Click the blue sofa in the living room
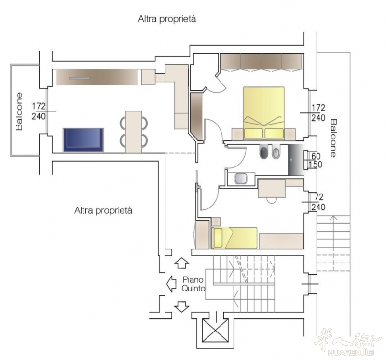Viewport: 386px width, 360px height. [83, 140]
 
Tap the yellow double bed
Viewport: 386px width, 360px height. [263, 113]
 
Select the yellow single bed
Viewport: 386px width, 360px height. [234, 238]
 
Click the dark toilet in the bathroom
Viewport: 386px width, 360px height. [264, 152]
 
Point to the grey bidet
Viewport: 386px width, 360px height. [276, 152]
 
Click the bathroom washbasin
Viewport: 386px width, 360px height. [241, 179]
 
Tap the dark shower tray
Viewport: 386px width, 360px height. [296, 160]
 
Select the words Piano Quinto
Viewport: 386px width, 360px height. [193, 284]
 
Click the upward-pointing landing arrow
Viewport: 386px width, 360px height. [182, 263]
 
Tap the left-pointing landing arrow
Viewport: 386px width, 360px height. [171, 284]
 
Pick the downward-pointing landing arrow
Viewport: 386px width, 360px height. [182, 306]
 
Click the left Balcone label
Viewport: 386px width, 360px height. [19, 111]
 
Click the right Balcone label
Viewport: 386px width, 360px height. [333, 138]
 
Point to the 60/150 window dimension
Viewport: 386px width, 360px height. [317, 160]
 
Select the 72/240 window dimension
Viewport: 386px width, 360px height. [318, 202]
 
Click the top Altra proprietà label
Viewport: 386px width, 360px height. [167, 19]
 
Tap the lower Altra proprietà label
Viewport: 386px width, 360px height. [103, 210]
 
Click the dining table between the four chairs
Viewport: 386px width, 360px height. [134, 132]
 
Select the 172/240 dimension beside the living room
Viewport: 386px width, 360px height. [39, 111]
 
